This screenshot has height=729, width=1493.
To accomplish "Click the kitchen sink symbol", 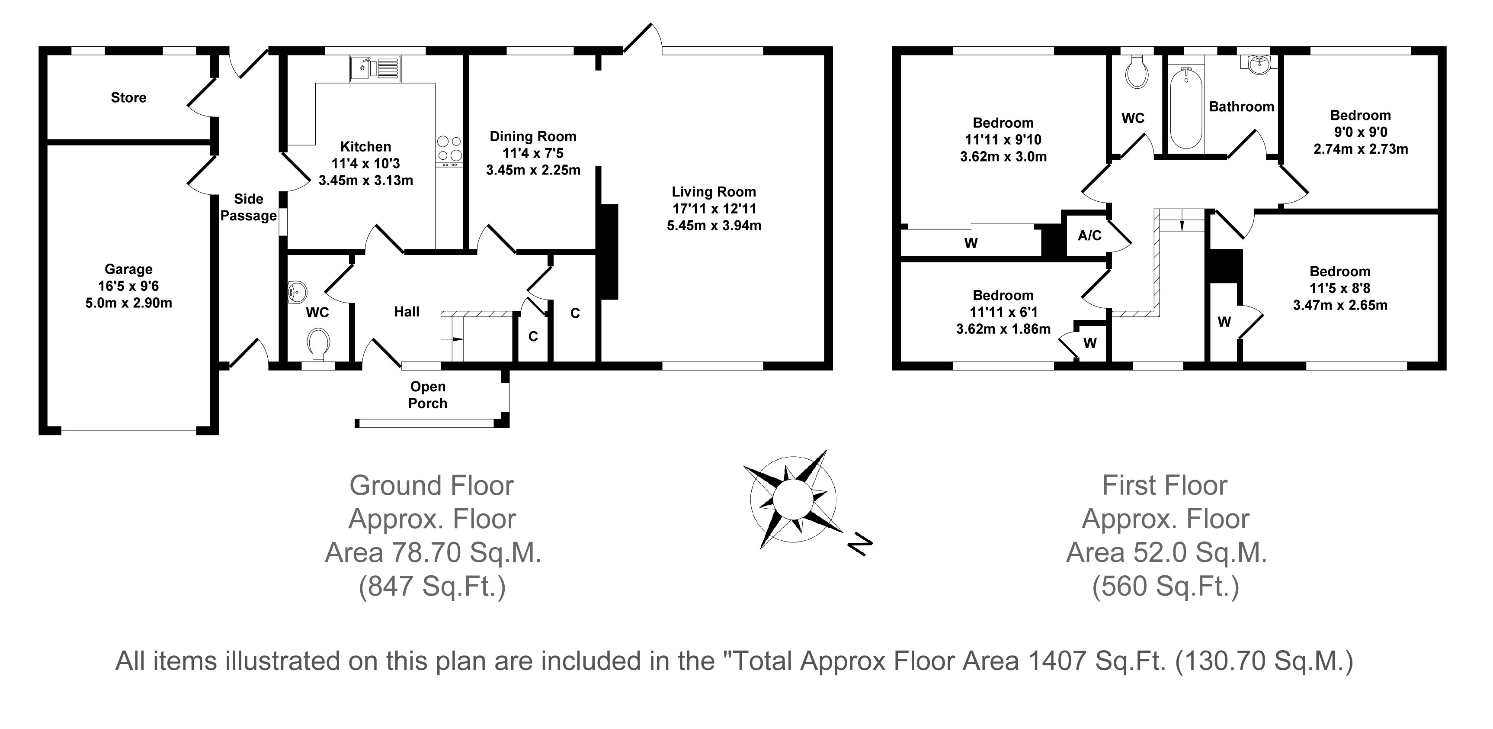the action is pyautogui.click(x=375, y=68).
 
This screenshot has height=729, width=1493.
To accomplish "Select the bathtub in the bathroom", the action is pyautogui.click(x=1186, y=109).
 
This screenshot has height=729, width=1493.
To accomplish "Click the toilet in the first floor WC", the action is pyautogui.click(x=1137, y=72).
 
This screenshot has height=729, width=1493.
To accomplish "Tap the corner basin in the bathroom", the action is pyautogui.click(x=1256, y=65).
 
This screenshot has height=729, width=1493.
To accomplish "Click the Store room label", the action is pyautogui.click(x=128, y=97).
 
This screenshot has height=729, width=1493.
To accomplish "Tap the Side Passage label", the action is pyautogui.click(x=249, y=207).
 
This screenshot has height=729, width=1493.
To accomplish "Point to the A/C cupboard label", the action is pyautogui.click(x=1089, y=235).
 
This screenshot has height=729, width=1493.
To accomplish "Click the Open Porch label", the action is pyautogui.click(x=428, y=395).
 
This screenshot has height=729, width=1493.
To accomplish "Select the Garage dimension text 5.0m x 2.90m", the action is pyautogui.click(x=128, y=303).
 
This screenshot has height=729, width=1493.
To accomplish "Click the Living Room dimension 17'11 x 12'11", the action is pyautogui.click(x=714, y=209).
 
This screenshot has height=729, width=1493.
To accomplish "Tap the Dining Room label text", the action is pyautogui.click(x=533, y=136).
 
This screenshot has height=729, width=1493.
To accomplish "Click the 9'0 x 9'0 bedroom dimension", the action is pyautogui.click(x=1360, y=132).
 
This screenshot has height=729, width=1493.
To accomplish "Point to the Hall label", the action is pyautogui.click(x=407, y=312).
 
